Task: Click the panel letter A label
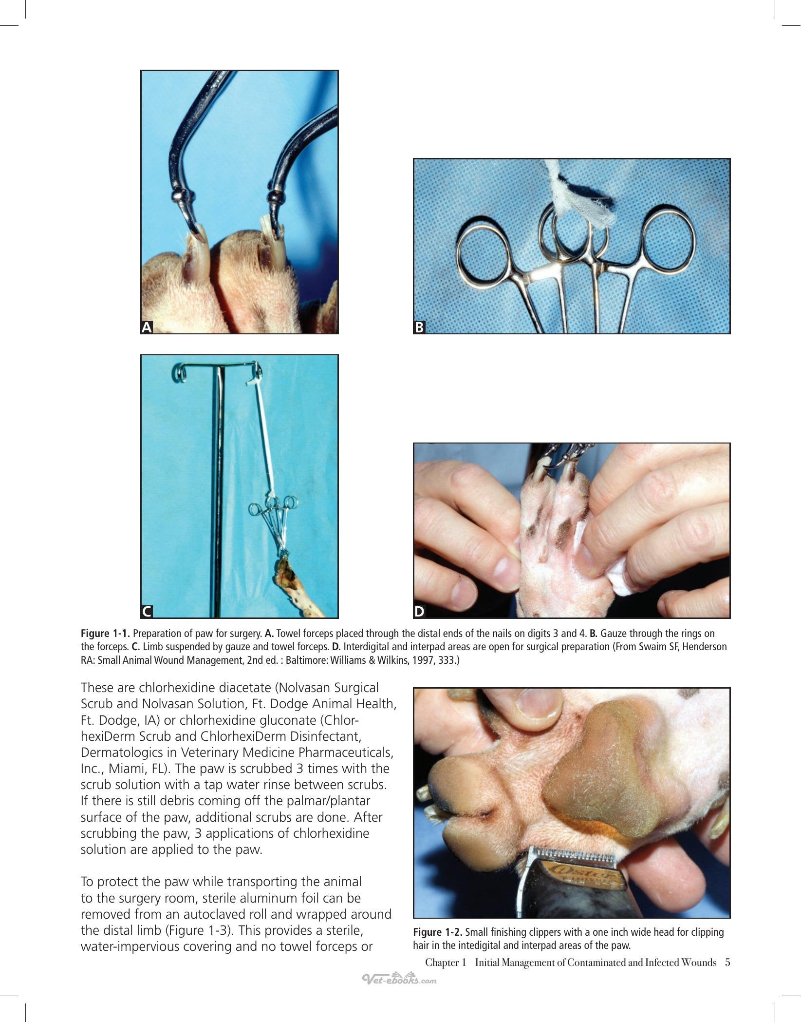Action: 147,328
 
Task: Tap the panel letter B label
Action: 419,328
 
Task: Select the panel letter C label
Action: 147,612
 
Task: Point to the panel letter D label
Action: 419,612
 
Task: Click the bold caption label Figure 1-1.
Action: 105,634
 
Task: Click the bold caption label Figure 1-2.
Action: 438,932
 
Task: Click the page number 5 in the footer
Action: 727,963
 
